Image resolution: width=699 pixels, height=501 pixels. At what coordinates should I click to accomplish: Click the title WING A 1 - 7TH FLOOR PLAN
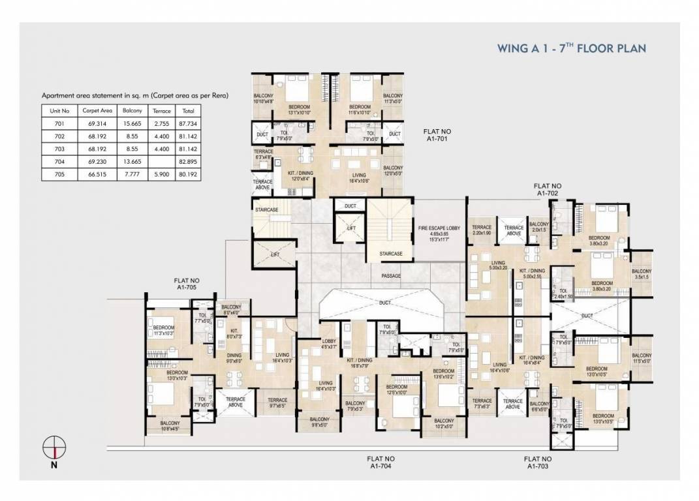click(571, 48)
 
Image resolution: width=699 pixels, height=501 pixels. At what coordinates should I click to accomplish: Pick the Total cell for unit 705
click(189, 174)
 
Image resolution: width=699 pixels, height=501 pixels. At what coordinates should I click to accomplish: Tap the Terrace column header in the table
click(161, 111)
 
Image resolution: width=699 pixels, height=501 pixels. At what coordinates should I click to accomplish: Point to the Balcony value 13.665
click(132, 162)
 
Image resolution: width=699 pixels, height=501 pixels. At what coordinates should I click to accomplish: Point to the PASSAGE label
click(391, 276)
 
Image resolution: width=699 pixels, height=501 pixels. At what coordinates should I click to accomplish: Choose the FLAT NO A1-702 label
click(548, 190)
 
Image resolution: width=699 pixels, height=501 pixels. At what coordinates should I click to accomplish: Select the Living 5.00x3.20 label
click(499, 266)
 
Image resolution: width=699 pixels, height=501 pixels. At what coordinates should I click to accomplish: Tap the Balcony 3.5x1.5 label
click(642, 274)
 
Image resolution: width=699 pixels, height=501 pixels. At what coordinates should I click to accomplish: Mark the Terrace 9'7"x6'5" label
click(277, 402)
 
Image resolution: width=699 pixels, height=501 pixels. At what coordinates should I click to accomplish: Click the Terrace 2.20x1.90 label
click(481, 230)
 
